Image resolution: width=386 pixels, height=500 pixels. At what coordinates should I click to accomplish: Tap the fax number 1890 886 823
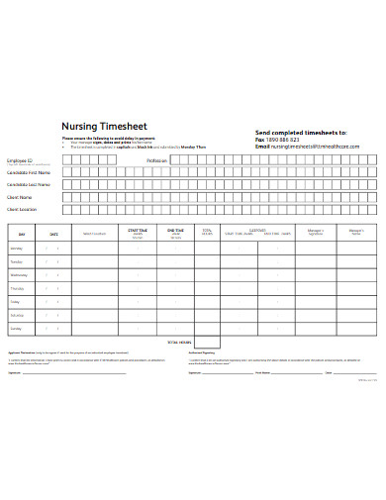tap(285, 139)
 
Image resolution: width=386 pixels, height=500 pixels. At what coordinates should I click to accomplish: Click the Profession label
tap(157, 159)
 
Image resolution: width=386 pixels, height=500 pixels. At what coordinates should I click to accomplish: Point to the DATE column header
tap(54, 233)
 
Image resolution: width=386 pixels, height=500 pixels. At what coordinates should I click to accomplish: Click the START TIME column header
tap(137, 231)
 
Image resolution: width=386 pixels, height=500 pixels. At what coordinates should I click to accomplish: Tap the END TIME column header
tap(174, 231)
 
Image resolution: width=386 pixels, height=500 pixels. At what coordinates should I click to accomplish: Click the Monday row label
tap(18, 247)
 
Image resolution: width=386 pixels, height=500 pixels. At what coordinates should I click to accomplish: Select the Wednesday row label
tap(19, 273)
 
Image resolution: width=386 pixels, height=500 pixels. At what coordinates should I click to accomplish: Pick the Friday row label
tap(16, 300)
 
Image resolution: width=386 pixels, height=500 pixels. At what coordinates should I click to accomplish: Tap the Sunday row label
tap(17, 327)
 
